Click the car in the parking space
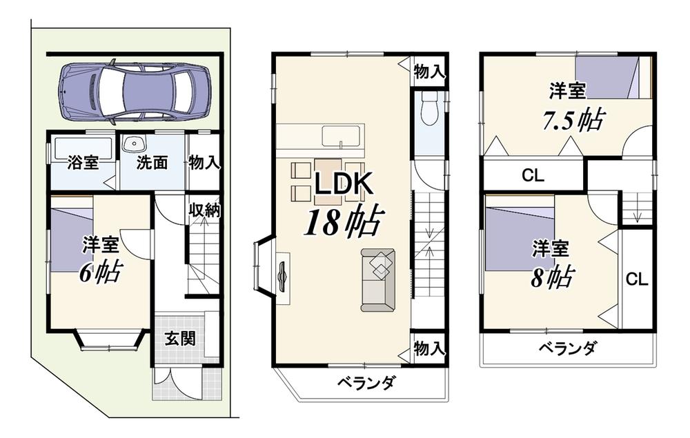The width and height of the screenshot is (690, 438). point(135,92)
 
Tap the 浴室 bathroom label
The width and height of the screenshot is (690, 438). point(83,163)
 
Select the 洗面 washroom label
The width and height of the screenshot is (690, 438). point(152,163)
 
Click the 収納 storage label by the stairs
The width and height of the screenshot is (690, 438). point(205,210)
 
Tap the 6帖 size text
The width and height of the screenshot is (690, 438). point(100,272)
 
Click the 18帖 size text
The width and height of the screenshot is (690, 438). point(342,221)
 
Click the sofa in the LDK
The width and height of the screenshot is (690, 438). point(378,280)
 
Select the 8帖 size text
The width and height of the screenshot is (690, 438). point(552,277)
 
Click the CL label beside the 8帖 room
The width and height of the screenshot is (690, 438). point(637,279)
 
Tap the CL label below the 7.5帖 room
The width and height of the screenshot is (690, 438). point(533,176)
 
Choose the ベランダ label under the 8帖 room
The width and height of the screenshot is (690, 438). point(568,348)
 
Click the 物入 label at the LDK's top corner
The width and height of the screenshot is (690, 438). point(429,72)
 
